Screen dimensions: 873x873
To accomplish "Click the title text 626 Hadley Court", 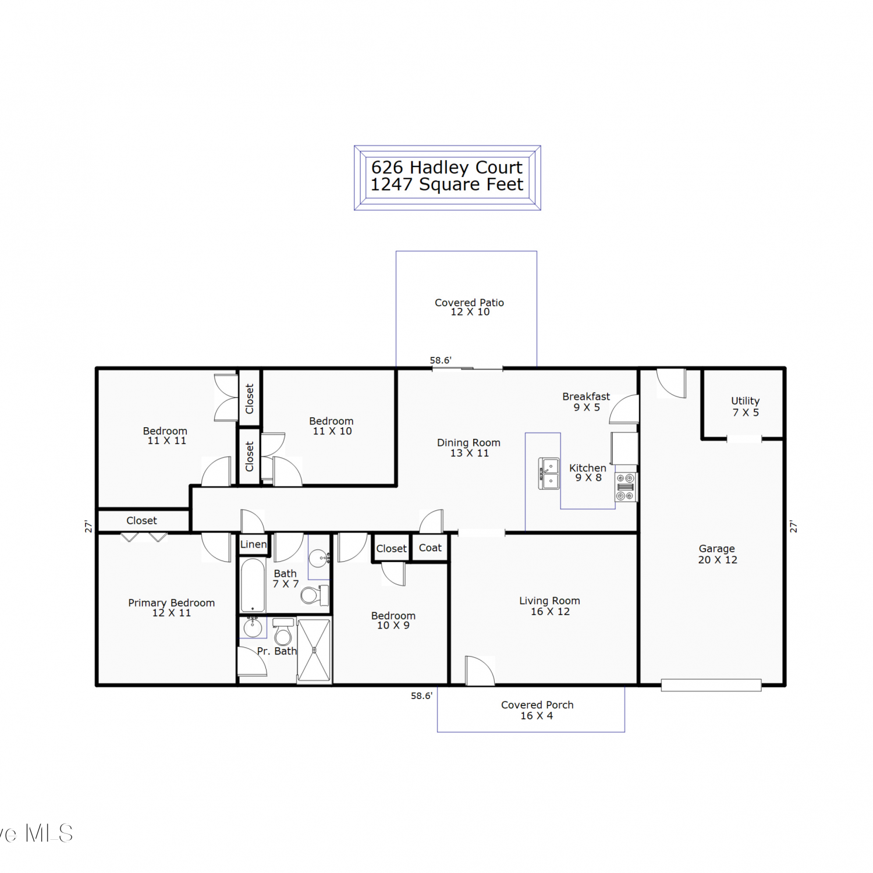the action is click(x=447, y=167).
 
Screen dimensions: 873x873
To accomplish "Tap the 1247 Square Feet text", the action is click(x=447, y=184).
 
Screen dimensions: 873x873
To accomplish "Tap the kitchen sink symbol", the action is click(x=549, y=474).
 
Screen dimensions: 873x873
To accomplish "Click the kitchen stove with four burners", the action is click(x=626, y=487).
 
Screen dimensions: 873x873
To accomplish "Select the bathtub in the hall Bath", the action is click(x=252, y=585).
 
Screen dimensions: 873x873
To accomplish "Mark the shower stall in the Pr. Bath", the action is click(x=314, y=650).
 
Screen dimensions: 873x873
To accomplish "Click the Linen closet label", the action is click(x=254, y=544).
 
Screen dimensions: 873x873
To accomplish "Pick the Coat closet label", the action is click(x=430, y=548).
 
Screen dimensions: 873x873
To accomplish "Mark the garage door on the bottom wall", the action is click(x=711, y=685).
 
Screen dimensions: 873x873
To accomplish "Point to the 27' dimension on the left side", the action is click(x=88, y=527).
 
